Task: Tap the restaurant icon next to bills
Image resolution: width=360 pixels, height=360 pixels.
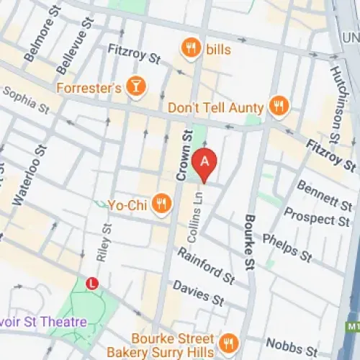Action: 191,48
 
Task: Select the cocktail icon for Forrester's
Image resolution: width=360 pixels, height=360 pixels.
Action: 134,88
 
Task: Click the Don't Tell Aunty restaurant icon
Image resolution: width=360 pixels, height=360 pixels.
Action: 276,107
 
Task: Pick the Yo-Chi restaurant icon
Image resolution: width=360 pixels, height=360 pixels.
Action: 163,204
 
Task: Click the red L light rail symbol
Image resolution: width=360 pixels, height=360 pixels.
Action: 92,284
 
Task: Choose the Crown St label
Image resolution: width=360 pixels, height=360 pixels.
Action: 184,154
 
